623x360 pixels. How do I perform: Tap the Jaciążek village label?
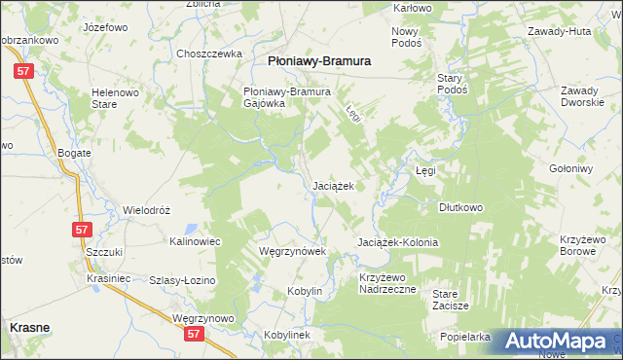click(339, 185)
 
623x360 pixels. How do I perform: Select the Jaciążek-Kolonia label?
click(397, 242)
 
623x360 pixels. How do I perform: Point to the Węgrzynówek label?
click(290, 250)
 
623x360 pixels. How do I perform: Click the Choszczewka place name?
click(208, 54)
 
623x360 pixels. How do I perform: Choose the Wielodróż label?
click(147, 210)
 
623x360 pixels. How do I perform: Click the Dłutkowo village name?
click(460, 207)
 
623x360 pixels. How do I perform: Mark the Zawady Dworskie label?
click(585, 97)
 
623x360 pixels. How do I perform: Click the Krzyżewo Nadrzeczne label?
click(387, 283)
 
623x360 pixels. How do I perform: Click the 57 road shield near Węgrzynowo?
click(196, 334)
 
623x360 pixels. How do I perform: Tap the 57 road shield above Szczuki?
click(82, 230)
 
